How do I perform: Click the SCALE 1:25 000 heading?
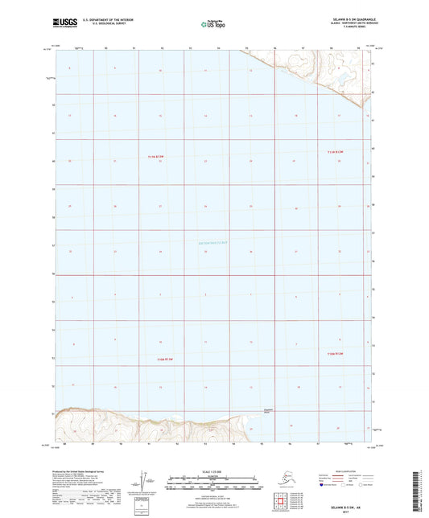click(x=213, y=471)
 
